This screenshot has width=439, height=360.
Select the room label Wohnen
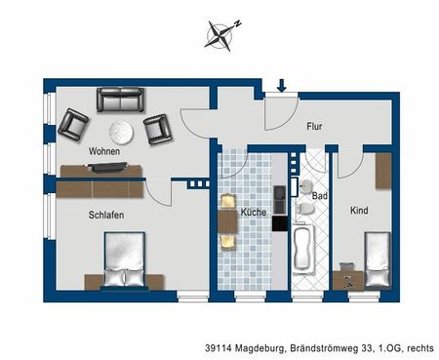pyautogui.click(x=103, y=152)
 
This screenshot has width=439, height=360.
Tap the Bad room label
pyautogui.click(x=319, y=196)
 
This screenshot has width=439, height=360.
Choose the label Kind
pyautogui.click(x=360, y=211)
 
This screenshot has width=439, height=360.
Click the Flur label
pyautogui.click(x=314, y=127)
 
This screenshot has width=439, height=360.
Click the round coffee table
pyautogui.click(x=120, y=131)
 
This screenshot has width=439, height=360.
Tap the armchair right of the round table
pyautogui.click(x=157, y=127)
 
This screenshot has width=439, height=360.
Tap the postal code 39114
pyautogui.click(x=220, y=346)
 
